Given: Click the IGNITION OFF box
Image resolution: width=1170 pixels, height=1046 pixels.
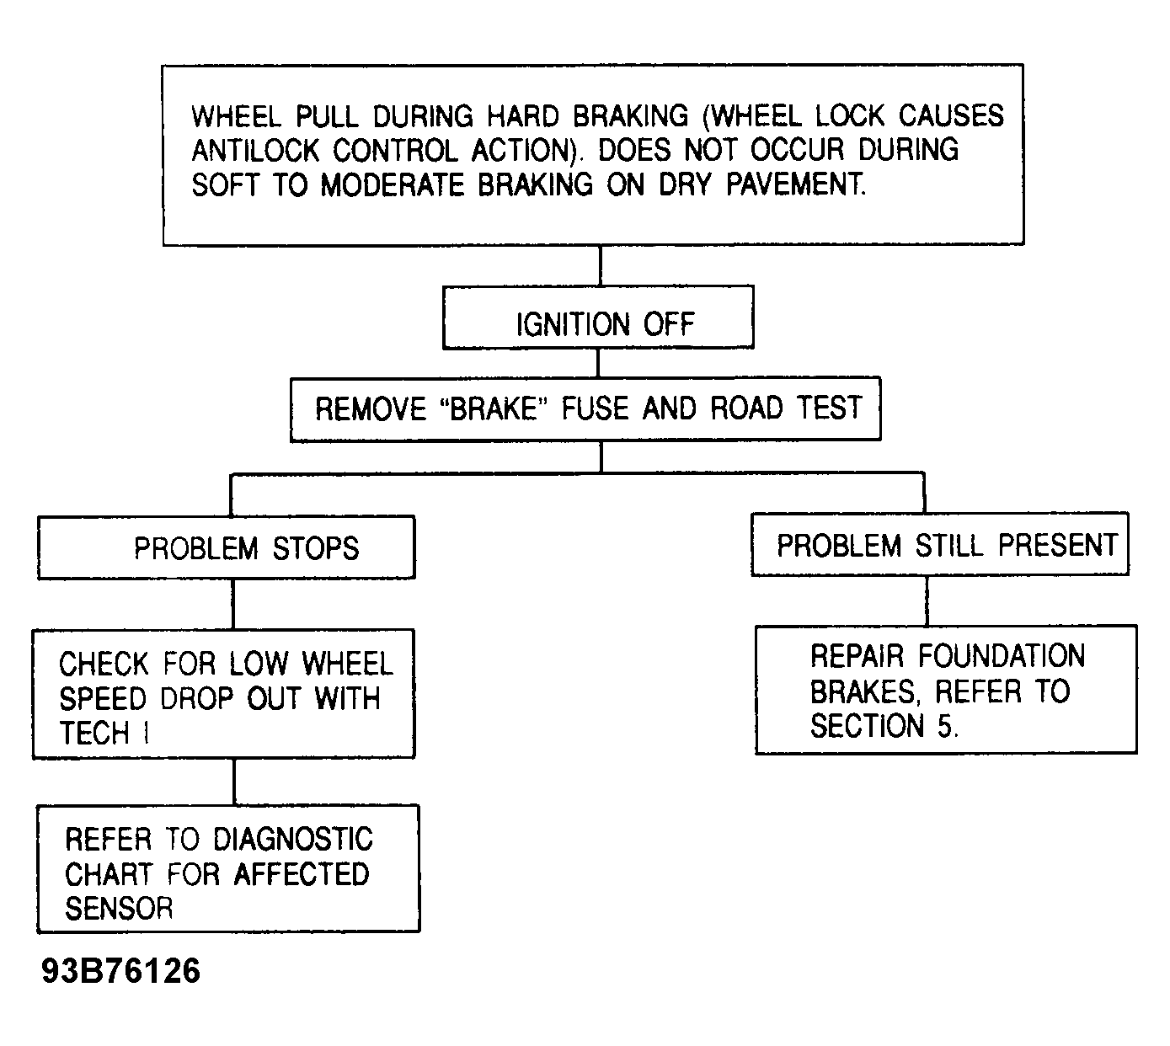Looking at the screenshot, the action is tap(598, 318).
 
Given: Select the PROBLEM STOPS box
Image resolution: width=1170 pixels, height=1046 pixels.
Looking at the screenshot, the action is tap(227, 547).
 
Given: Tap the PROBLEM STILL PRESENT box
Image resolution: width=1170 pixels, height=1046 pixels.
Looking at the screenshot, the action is tap(939, 544).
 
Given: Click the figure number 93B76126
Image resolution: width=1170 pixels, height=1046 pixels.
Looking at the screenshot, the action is tap(120, 970).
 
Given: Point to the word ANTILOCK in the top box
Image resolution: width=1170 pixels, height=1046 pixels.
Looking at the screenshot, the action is tap(254, 150).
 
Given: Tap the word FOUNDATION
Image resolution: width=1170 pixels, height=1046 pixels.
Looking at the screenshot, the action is tap(1002, 656).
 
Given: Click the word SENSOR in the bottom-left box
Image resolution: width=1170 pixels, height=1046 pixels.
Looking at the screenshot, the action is tap(119, 909).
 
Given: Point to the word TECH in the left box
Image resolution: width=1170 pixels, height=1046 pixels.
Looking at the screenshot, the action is tap(94, 733).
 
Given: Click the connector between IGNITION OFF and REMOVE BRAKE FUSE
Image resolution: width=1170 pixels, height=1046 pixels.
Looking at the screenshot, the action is tap(598, 363).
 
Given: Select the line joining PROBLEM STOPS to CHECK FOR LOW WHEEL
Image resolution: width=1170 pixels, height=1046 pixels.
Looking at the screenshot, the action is tap(232, 604).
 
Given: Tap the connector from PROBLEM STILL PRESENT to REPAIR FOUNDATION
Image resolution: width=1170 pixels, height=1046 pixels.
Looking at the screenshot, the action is tap(927, 600).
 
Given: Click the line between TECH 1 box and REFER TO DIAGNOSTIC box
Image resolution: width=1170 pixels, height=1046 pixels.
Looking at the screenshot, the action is tap(234, 782).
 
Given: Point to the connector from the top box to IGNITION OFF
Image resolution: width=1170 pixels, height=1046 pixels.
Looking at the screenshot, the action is tap(600, 265).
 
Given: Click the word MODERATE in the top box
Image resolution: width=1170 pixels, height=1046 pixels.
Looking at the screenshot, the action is tap(393, 185).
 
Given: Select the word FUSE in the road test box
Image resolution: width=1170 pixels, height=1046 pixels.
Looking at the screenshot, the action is tap(595, 408).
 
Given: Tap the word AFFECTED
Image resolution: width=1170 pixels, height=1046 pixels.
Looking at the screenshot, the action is tap(302, 874).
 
